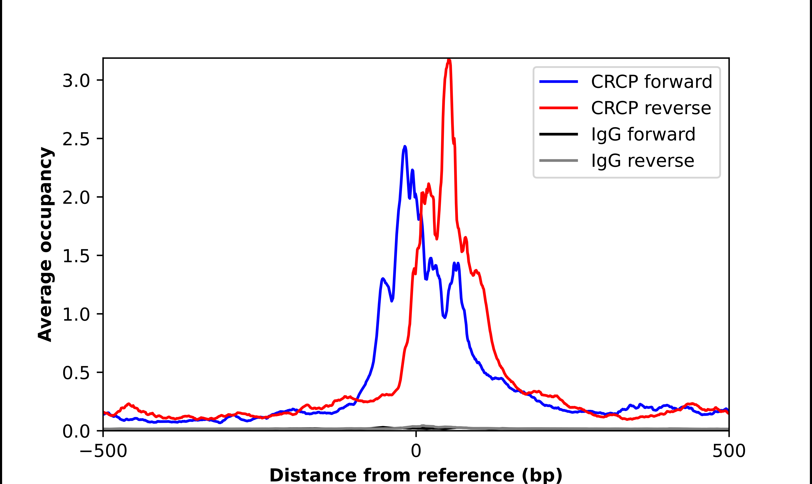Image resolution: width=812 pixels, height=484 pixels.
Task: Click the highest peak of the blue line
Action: (405, 147)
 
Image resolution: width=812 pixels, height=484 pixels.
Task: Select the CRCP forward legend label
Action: (651, 82)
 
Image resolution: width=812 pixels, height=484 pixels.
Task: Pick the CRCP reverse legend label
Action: (651, 108)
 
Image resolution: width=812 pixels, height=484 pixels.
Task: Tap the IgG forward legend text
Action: (643, 134)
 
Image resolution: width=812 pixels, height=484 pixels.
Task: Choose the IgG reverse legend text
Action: (642, 161)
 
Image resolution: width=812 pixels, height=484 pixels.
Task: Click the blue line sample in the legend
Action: (558, 82)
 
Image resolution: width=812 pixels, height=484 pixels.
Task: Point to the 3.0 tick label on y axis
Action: (76, 81)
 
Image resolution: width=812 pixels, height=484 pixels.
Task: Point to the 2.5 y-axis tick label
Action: (76, 139)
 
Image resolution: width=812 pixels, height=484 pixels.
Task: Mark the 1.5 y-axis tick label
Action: (76, 256)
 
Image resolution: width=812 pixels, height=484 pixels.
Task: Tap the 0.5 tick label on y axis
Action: (76, 372)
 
